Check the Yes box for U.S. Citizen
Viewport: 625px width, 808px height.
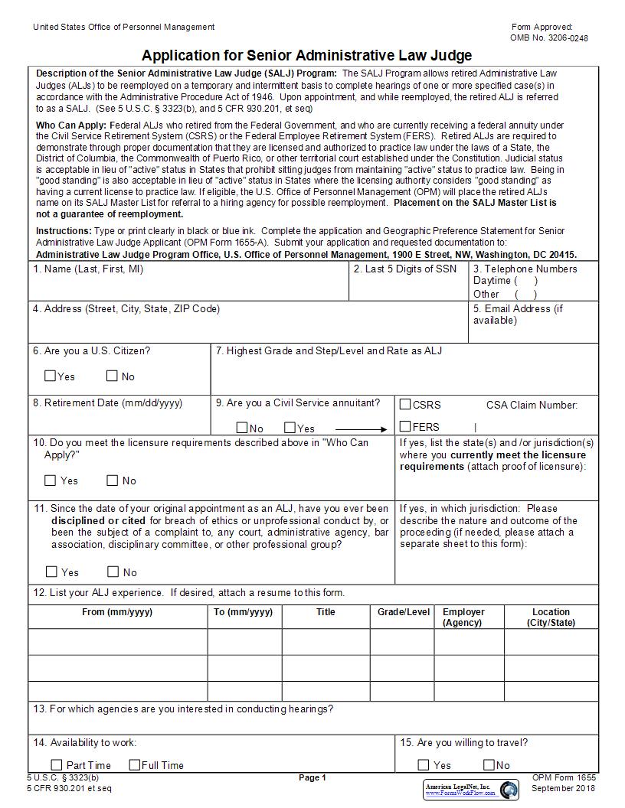[x=51, y=376]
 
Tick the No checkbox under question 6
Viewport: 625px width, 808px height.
[x=112, y=376]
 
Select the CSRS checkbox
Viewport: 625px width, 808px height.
[x=405, y=405]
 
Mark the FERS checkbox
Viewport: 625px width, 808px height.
[x=405, y=427]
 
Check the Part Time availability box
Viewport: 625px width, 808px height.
[x=57, y=764]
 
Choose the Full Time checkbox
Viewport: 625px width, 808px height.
[x=135, y=764]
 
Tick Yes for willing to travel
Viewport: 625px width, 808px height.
[x=424, y=764]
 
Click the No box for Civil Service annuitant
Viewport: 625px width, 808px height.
[x=242, y=428]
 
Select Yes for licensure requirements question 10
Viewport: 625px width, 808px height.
[x=51, y=481]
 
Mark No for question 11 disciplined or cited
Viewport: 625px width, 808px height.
[x=113, y=572]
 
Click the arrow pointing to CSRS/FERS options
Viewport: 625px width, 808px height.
[x=362, y=429]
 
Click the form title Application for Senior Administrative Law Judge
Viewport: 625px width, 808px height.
[x=306, y=55]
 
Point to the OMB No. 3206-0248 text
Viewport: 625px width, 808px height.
[x=549, y=38]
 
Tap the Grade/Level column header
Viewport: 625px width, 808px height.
[x=404, y=612]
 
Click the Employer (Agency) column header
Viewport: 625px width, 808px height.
[x=463, y=617]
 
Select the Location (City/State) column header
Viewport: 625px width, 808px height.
[x=551, y=617]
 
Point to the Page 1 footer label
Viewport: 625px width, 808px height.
[x=312, y=778]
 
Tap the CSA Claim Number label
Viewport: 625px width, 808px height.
[x=532, y=406]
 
